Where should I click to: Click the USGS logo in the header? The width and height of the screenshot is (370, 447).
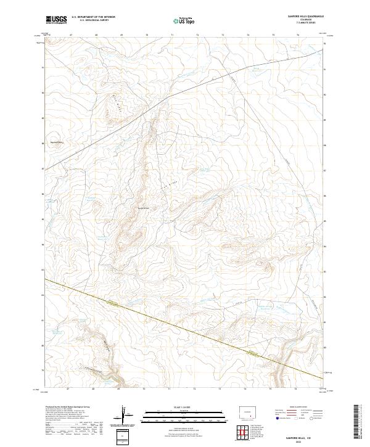(56, 20)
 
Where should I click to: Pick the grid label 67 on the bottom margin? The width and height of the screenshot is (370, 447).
(71, 390)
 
